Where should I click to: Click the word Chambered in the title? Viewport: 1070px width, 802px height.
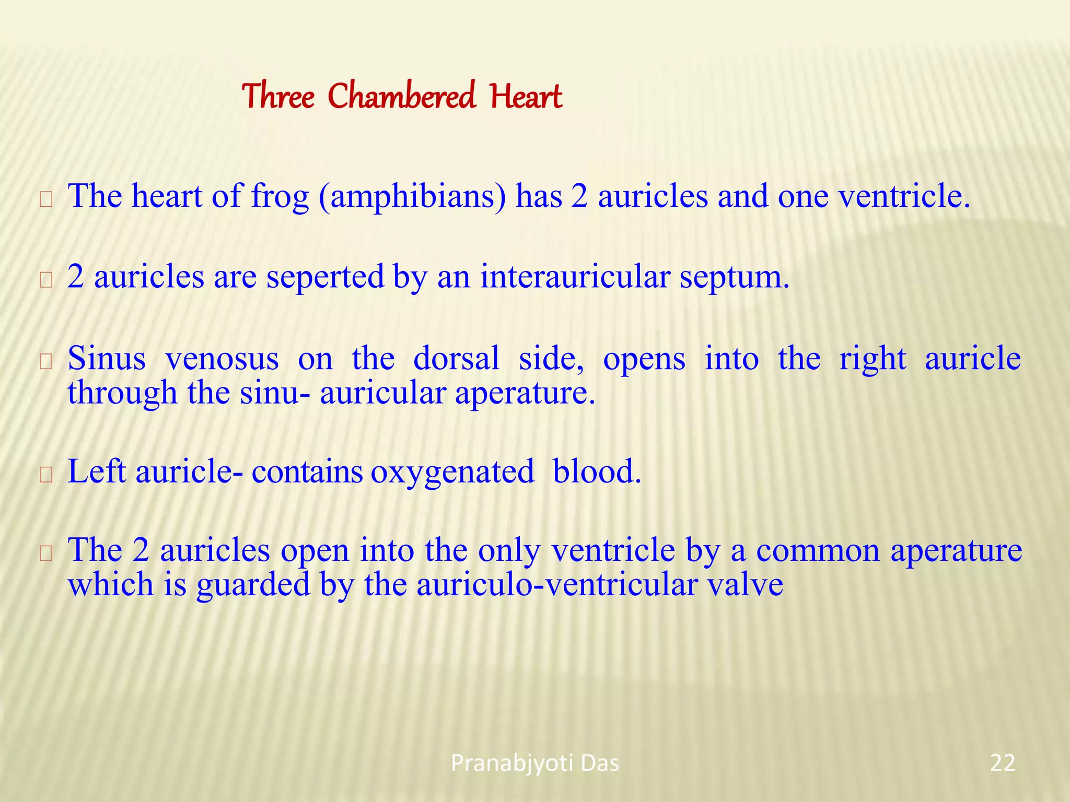coord(401,97)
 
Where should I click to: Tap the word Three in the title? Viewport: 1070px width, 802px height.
coord(278,97)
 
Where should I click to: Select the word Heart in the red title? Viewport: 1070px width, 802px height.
coord(526,97)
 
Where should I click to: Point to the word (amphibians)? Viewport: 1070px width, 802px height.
coord(412,197)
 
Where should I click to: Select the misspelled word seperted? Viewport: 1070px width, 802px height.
coord(325,277)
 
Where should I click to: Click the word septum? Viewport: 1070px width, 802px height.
coord(734,278)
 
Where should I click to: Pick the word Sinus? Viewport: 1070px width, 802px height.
coord(107,359)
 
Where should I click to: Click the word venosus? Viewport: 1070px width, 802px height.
coord(222,359)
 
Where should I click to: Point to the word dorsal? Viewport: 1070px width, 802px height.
coord(456,359)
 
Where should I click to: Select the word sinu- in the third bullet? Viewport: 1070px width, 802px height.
coord(275,393)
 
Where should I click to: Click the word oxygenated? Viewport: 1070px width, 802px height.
coord(452,472)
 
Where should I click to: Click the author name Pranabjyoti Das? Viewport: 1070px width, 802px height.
coord(535,763)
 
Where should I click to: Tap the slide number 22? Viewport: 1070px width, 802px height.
coord(1003,763)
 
